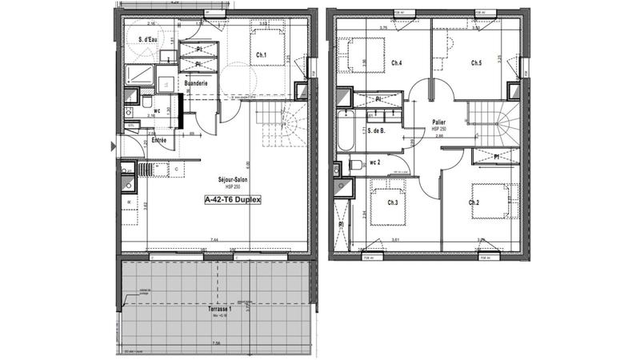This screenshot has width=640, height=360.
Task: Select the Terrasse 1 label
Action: coord(218,310)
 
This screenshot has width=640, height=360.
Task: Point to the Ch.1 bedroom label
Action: coord(262,55)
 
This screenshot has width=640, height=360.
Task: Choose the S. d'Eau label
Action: coord(147,39)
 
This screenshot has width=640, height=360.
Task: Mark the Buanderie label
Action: coord(196,82)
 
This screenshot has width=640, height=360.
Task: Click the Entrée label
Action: coord(159,141)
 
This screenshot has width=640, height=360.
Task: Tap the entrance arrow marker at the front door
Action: coord(113,146)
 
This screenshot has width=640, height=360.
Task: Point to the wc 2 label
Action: coord(375,162)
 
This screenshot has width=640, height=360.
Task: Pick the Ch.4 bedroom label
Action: coord(397,62)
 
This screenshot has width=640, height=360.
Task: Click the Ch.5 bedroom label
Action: coord(476,62)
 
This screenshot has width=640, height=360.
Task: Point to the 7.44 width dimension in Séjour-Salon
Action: coord(214,240)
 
